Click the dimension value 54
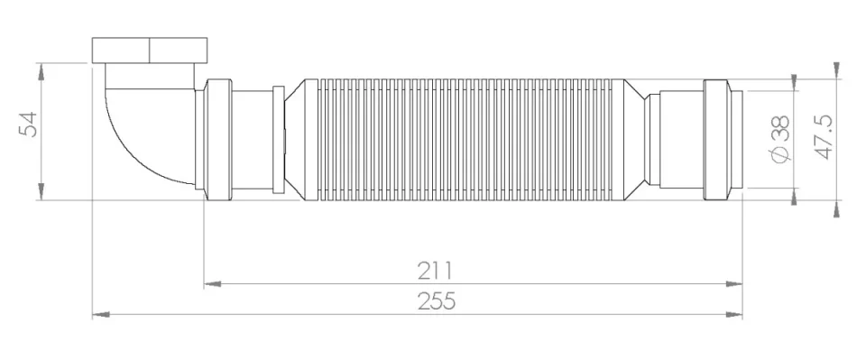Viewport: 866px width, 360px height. pyautogui.click(x=30, y=124)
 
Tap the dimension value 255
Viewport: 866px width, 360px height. pyautogui.click(x=436, y=301)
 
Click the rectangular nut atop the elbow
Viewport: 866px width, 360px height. pyautogui.click(x=151, y=49)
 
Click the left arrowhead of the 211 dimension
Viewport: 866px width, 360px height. pyautogui.click(x=212, y=283)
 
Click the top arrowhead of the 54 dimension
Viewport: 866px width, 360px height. pyautogui.click(x=41, y=69)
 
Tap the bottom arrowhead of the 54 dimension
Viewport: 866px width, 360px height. pyautogui.click(x=41, y=190)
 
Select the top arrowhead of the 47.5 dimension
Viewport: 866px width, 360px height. pyautogui.click(x=836, y=69)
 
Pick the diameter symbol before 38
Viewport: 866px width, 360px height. pyautogui.click(x=781, y=156)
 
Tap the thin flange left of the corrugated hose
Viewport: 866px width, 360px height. pyautogui.click(x=278, y=138)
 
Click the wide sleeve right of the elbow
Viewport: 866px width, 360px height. pyautogui.click(x=217, y=137)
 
